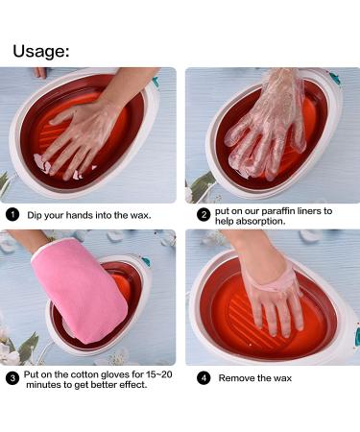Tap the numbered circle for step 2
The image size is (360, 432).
click(x=203, y=213)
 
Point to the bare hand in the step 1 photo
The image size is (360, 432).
click(x=82, y=134)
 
